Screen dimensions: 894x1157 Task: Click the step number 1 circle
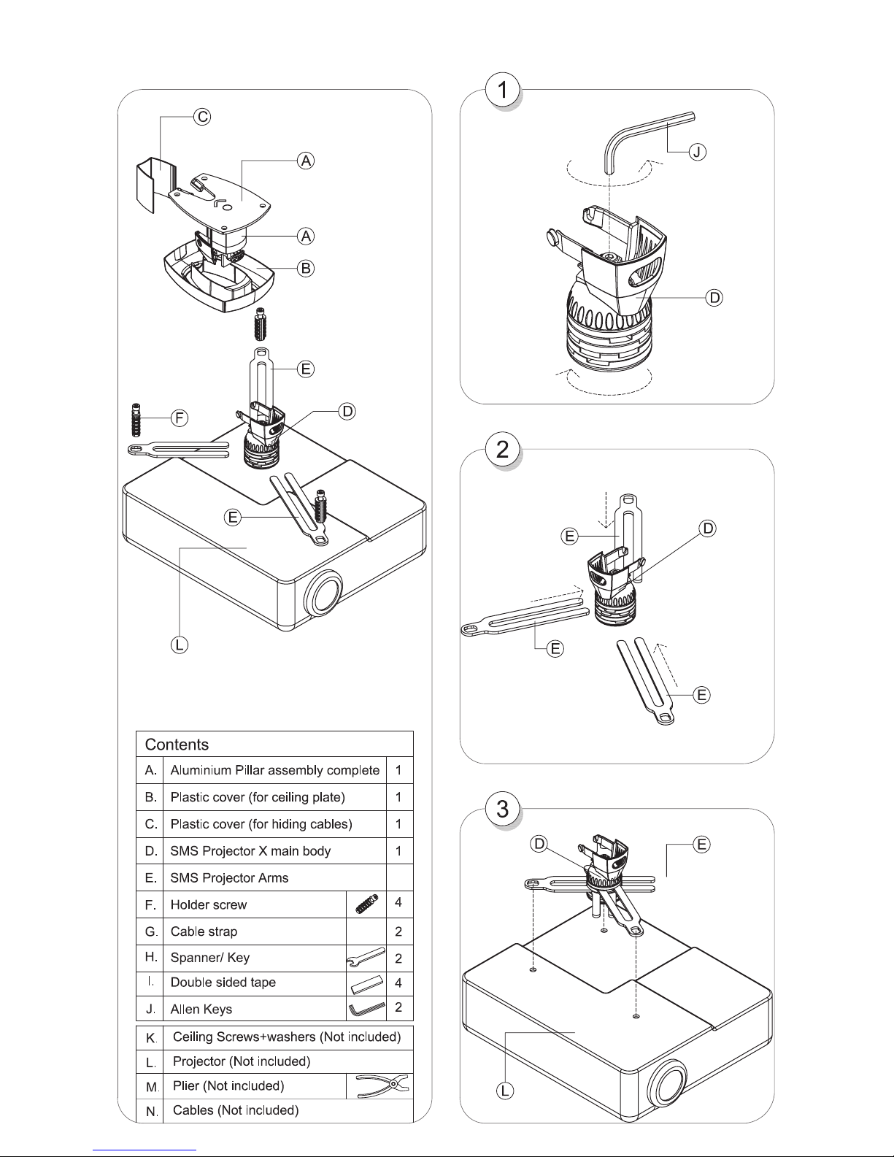[x=502, y=90]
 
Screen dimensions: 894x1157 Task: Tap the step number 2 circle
[x=502, y=450]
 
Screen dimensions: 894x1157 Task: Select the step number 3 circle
[x=502, y=809]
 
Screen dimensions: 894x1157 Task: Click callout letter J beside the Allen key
[x=697, y=153]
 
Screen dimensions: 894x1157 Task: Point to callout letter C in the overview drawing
[x=202, y=117]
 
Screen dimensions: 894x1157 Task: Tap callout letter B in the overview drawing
[x=306, y=269]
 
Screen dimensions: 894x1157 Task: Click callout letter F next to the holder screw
[x=180, y=418]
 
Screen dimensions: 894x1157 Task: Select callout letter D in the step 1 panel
[x=714, y=298]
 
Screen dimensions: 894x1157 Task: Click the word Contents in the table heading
[x=177, y=745]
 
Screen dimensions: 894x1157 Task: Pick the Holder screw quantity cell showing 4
[x=398, y=902]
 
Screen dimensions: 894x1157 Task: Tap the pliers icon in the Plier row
[x=382, y=1085]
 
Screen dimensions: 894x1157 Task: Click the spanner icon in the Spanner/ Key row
[x=366, y=957]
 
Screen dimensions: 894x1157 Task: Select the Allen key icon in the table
[x=366, y=1008]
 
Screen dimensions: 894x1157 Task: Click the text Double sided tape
[x=223, y=983]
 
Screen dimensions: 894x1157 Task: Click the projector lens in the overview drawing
[x=323, y=593]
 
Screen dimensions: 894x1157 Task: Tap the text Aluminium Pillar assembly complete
[x=274, y=770]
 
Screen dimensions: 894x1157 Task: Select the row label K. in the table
[x=151, y=1038]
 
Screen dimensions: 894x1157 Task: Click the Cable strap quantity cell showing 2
[x=398, y=931]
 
